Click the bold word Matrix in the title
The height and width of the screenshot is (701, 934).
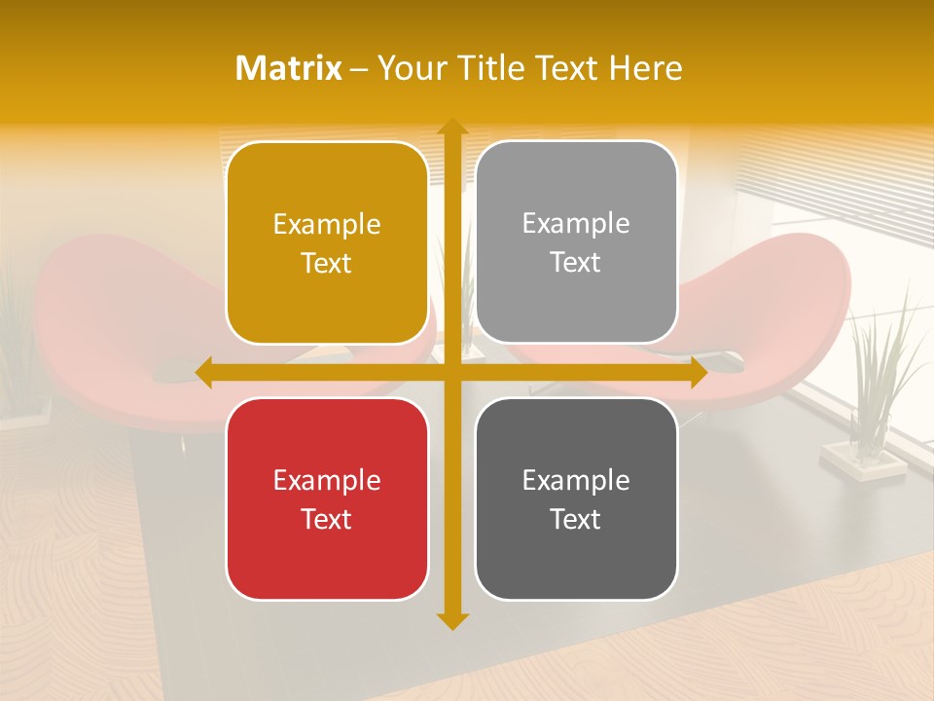click(289, 68)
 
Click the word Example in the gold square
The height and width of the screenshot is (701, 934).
click(327, 225)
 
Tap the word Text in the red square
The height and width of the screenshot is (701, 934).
click(327, 519)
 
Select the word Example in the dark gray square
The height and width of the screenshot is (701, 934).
click(576, 480)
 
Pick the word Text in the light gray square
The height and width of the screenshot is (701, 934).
click(576, 262)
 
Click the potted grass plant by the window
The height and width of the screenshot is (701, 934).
click(876, 380)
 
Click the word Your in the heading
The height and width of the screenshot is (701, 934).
click(409, 68)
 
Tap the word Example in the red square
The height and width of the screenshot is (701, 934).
click(327, 480)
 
